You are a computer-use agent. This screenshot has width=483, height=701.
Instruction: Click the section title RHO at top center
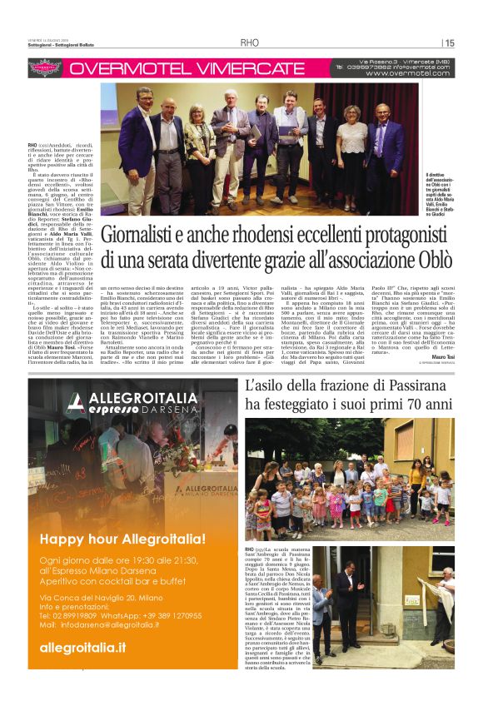[250, 43]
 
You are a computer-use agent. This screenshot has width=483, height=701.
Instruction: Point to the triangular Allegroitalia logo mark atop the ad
[77, 403]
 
